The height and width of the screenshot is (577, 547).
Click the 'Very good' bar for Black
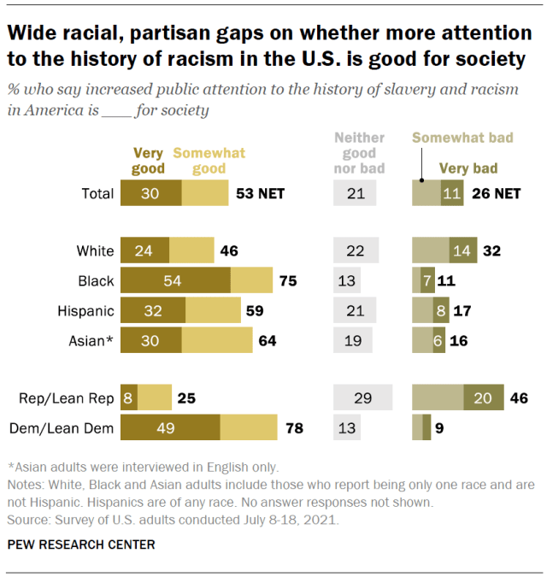[175, 280]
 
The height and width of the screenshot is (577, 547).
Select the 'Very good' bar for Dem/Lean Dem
[170, 426]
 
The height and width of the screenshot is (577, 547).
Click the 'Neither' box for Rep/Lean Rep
[362, 397]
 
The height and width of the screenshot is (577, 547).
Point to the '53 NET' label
[260, 193]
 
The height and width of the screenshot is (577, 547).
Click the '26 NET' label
[495, 193]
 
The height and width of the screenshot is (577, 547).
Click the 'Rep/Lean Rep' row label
[68, 397]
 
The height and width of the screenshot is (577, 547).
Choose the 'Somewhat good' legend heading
[209, 161]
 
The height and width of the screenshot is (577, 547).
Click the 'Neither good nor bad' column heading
[359, 153]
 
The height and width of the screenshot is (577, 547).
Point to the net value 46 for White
[228, 250]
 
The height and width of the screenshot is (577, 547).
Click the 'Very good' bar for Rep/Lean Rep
[129, 397]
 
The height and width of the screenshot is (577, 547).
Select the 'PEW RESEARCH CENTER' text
[82, 544]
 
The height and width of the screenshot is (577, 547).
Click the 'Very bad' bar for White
[463, 250]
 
